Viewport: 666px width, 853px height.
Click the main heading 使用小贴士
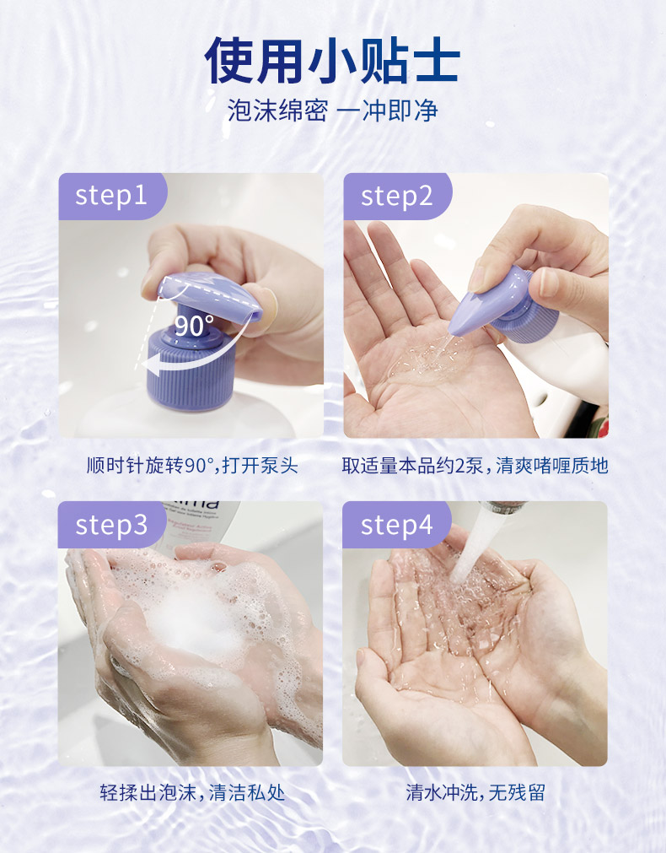click(333, 60)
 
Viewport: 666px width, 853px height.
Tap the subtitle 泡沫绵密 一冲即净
click(333, 111)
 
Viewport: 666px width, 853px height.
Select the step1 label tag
click(112, 196)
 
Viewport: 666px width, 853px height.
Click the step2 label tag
click(397, 196)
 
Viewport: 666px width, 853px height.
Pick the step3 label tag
click(111, 525)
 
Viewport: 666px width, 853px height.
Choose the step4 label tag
click(397, 525)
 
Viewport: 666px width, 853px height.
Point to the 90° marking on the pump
click(194, 326)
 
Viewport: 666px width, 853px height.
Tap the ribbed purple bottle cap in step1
click(191, 370)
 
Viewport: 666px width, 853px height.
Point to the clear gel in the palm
click(429, 360)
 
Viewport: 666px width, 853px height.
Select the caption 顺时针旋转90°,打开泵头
click(192, 466)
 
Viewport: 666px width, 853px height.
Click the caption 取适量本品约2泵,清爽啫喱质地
click(475, 466)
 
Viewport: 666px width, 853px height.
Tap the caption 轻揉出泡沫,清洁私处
click(192, 792)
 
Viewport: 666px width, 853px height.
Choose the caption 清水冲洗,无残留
click(475, 792)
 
